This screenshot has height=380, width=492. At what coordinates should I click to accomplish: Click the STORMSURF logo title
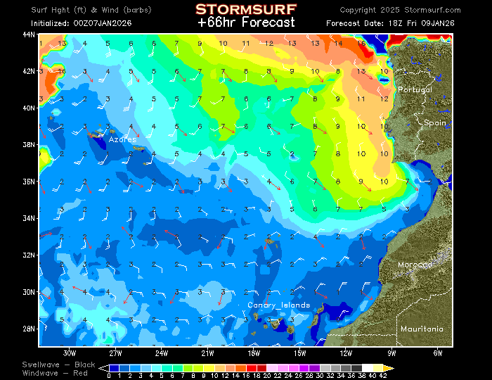(x=245, y=9)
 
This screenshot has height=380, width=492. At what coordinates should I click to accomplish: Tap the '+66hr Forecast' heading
(x=245, y=22)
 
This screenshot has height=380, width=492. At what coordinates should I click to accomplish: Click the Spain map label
(x=434, y=122)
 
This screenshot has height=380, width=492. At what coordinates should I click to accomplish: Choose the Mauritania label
(x=422, y=329)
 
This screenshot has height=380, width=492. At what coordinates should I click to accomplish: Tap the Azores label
(x=122, y=139)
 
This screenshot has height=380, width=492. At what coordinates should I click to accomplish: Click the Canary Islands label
(x=278, y=305)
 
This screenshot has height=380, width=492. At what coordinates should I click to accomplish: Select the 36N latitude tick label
(x=30, y=181)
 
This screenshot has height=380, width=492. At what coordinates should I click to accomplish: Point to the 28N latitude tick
(x=30, y=328)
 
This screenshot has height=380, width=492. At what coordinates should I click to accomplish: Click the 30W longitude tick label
(x=69, y=352)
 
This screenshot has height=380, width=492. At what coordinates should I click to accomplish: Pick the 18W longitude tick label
(x=254, y=352)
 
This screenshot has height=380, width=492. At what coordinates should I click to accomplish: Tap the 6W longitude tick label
(x=438, y=352)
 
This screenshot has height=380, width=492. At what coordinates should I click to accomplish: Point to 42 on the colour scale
(x=382, y=376)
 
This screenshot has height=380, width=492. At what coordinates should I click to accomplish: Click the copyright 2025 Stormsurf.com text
(x=400, y=11)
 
